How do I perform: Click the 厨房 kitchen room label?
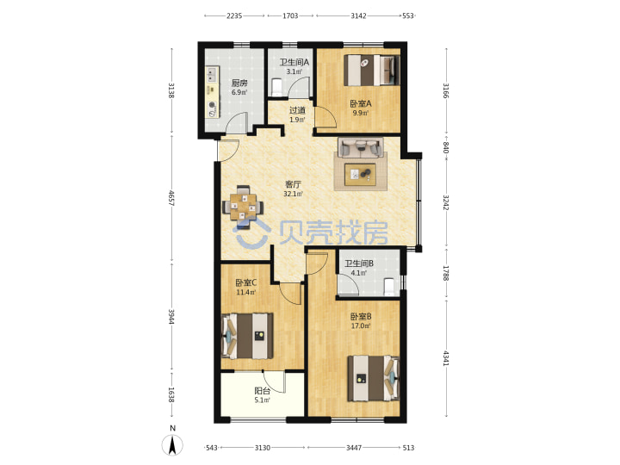click(x=239, y=83)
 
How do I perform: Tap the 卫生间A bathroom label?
click(x=294, y=62)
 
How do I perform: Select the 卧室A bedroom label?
click(x=361, y=103)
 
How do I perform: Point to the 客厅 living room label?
click(x=293, y=184)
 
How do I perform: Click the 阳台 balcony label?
click(x=262, y=391)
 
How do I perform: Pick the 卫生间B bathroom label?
click(x=359, y=263)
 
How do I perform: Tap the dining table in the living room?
click(x=243, y=207)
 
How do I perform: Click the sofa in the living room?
click(x=360, y=147)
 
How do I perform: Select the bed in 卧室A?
click(x=372, y=70)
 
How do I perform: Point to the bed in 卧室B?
click(x=373, y=378)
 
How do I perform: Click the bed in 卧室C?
click(x=247, y=336)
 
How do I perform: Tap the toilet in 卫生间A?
click(x=276, y=87)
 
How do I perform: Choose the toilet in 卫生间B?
click(x=389, y=287)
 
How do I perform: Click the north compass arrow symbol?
click(x=172, y=445)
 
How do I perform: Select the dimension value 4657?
click(x=170, y=198)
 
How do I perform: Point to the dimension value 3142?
click(x=358, y=15)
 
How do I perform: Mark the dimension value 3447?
click(x=354, y=448)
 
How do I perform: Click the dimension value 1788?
click(x=445, y=273)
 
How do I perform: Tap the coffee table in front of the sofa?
click(x=360, y=174)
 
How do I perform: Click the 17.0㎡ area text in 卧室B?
click(x=361, y=326)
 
